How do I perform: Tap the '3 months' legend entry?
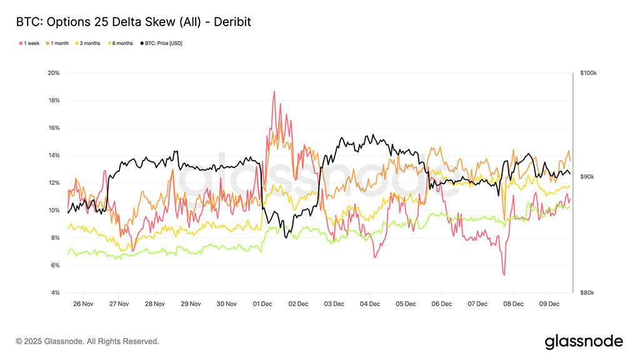pos(89,43)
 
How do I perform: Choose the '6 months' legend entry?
pos(121,43)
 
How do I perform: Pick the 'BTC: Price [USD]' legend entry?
pos(162,43)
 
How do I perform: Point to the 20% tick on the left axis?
pos(54,73)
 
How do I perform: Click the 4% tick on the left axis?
pos(55,293)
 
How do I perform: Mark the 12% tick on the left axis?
pos(54,183)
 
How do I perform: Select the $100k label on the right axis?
pos(588,73)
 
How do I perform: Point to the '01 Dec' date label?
pos(262,304)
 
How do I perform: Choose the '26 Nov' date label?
pos(82,304)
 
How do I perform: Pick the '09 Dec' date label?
pos(549,304)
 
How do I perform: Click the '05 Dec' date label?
pos(406,304)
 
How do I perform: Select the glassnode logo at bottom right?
pos(583,341)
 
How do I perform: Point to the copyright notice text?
pos(87,342)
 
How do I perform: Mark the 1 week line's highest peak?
pos(274,91)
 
